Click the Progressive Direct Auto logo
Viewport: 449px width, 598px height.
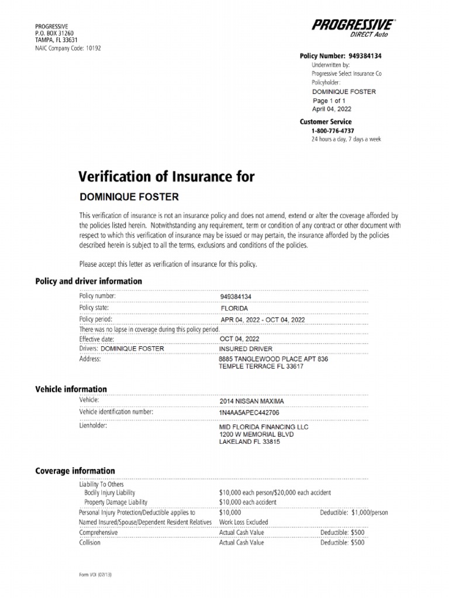354,27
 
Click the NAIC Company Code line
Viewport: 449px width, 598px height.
68,48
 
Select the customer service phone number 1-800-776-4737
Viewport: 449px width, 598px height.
333,131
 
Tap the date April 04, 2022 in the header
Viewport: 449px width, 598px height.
331,109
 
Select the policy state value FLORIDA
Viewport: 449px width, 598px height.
234,308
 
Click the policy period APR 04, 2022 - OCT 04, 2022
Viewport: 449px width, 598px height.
263,320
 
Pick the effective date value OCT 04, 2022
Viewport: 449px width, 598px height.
239,339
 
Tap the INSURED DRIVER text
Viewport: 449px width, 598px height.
245,349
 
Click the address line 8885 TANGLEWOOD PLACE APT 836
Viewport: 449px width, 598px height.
273,359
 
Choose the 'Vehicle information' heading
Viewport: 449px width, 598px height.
71,389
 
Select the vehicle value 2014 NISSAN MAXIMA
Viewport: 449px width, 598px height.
251,402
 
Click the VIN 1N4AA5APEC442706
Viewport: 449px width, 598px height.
249,412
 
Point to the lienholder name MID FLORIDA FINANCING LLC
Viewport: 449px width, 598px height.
263,427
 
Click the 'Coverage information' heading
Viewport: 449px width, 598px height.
75,471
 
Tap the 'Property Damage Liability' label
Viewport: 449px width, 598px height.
116,502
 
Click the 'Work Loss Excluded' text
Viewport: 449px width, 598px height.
243,522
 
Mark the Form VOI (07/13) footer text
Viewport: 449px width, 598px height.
95,575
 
